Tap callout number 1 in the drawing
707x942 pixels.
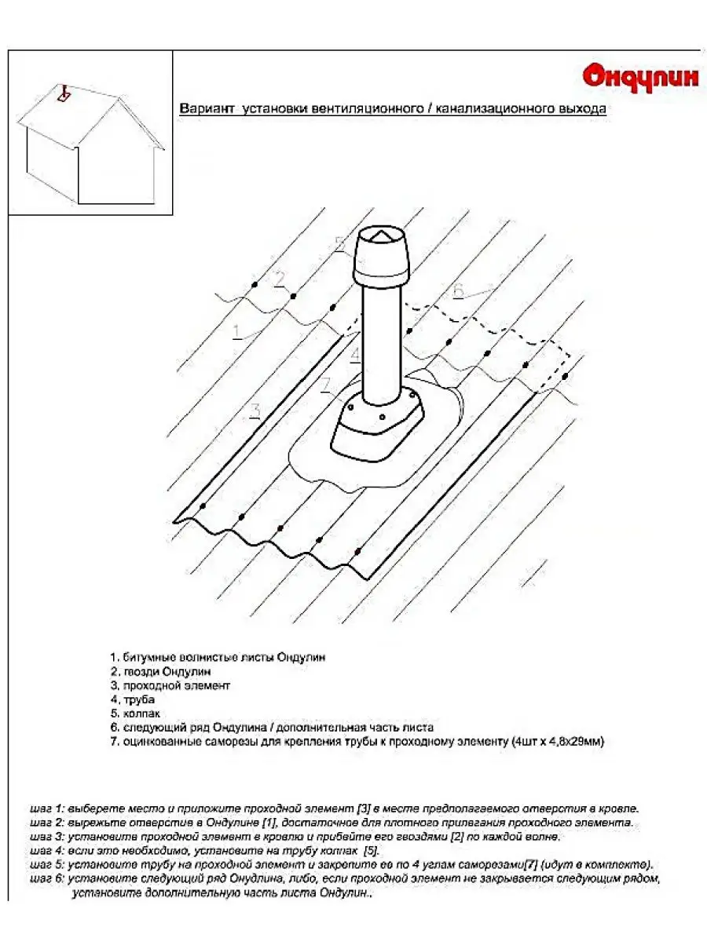click(x=236, y=332)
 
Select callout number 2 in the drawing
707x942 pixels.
click(x=280, y=279)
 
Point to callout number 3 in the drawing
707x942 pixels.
click(x=255, y=410)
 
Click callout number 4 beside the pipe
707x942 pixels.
click(x=355, y=356)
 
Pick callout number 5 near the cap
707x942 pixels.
click(x=339, y=244)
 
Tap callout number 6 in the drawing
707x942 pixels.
click(x=459, y=290)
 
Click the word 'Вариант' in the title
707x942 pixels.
click(x=206, y=109)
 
